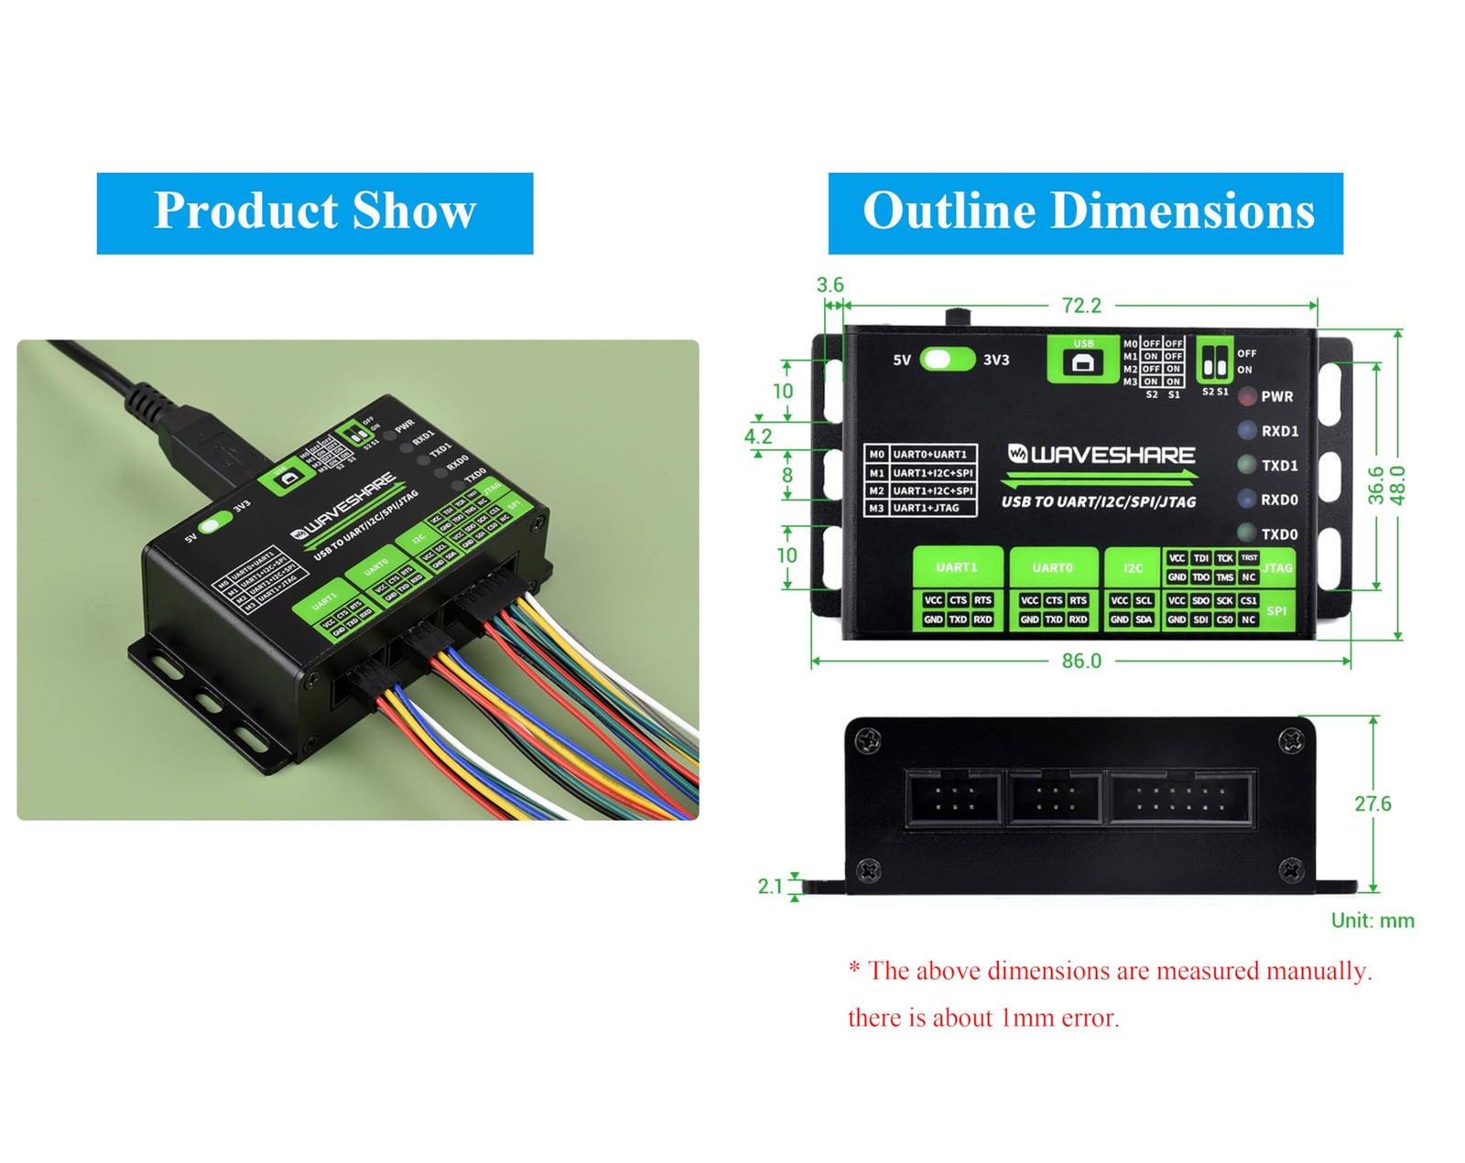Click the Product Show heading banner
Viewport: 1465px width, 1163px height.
point(314,212)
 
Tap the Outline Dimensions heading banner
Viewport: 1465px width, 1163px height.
point(1085,212)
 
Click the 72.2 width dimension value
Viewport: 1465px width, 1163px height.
point(1081,306)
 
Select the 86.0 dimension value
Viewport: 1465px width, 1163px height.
point(1081,661)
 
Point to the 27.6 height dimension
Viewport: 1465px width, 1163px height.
point(1372,803)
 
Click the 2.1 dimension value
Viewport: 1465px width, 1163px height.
point(770,886)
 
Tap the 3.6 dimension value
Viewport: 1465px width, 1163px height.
point(830,285)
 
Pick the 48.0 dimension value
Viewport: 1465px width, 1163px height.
point(1397,485)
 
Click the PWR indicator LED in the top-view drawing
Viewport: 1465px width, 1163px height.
point(1247,397)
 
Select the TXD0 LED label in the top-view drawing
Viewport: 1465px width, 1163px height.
point(1279,534)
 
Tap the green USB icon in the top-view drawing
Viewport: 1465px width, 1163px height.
point(1083,360)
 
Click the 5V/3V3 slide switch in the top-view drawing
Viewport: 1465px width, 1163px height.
point(947,360)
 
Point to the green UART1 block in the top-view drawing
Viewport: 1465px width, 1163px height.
point(957,567)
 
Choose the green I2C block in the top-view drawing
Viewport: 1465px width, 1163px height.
point(1133,568)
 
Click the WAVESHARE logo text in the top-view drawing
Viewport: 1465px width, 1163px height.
point(1101,455)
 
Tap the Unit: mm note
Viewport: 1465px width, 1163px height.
point(1372,921)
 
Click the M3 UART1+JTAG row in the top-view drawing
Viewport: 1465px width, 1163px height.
point(920,508)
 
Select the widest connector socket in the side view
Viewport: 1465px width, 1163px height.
point(1181,800)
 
